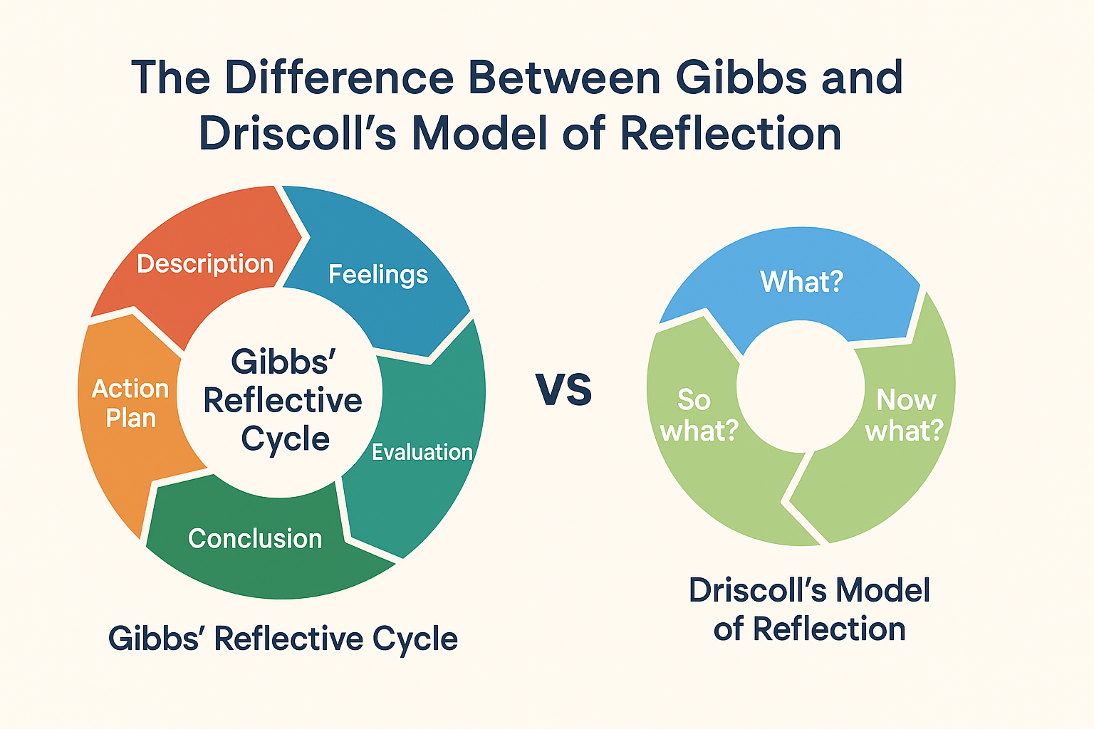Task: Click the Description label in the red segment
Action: tap(205, 264)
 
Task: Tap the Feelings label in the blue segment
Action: tap(378, 275)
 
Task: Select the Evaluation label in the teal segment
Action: tap(422, 452)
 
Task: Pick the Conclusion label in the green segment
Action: tap(255, 539)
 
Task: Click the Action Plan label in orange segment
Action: tap(130, 403)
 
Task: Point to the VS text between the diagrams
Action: tap(563, 390)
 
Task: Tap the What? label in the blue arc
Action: tap(801, 282)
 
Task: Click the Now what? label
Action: tap(905, 415)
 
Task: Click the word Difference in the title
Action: tap(340, 78)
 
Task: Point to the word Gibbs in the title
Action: tap(741, 78)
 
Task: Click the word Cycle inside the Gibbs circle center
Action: tap(285, 439)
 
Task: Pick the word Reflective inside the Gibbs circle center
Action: tap(283, 401)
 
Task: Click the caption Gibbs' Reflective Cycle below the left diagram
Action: tap(283, 639)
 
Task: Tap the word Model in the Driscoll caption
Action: tap(882, 591)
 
